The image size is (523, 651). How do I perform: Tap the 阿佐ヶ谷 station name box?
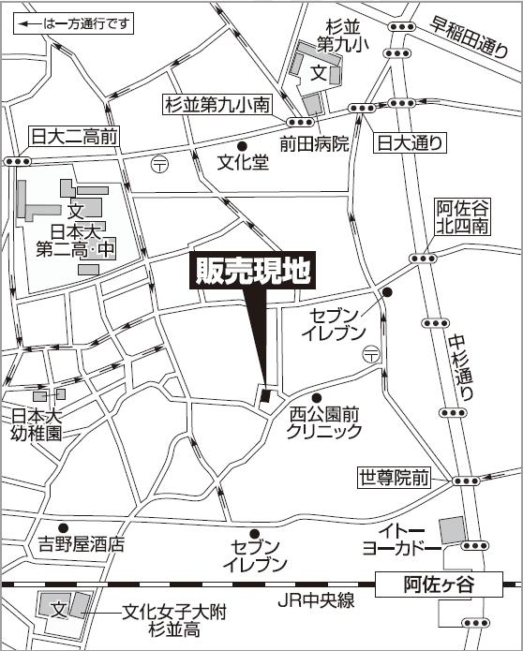point(440,584)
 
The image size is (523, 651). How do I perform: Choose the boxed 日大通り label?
point(410,142)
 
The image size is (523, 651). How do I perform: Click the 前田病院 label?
point(314,143)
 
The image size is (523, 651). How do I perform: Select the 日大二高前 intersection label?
point(74,137)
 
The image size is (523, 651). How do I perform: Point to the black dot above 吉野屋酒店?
point(63,527)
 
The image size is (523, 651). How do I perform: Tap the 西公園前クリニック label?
point(324,422)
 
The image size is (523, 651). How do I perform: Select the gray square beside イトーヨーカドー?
point(452,529)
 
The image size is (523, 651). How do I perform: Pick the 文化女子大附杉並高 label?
point(174,620)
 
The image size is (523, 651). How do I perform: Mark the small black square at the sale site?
point(265,396)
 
